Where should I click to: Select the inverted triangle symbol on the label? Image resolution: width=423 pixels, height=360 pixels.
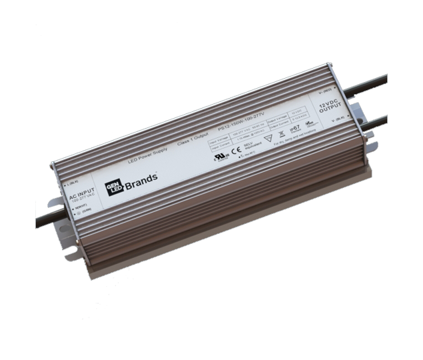point(270,139)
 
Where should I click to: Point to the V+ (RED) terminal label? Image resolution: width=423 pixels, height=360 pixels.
point(324,91)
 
